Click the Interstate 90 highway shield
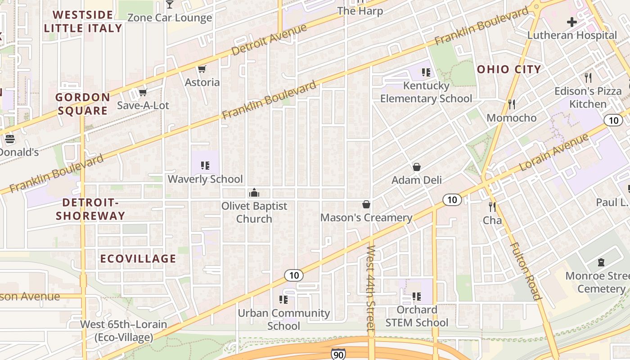point(338,354)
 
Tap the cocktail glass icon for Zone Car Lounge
point(170,4)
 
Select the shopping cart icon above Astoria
point(202,69)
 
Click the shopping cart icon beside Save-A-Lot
point(143,92)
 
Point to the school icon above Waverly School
point(205,166)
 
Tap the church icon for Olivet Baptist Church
point(254,193)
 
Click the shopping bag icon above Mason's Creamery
point(366,204)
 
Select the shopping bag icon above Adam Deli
point(417,167)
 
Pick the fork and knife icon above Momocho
point(511,104)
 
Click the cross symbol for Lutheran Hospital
point(572,22)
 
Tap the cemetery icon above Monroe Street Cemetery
point(601,262)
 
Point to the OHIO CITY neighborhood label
point(508,69)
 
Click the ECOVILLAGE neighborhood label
point(138,259)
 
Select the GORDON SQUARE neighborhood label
point(82,104)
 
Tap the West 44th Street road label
point(370,289)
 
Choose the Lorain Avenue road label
point(554,152)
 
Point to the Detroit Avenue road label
point(269,40)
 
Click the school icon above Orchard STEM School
point(417,297)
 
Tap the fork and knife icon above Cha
point(492,207)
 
